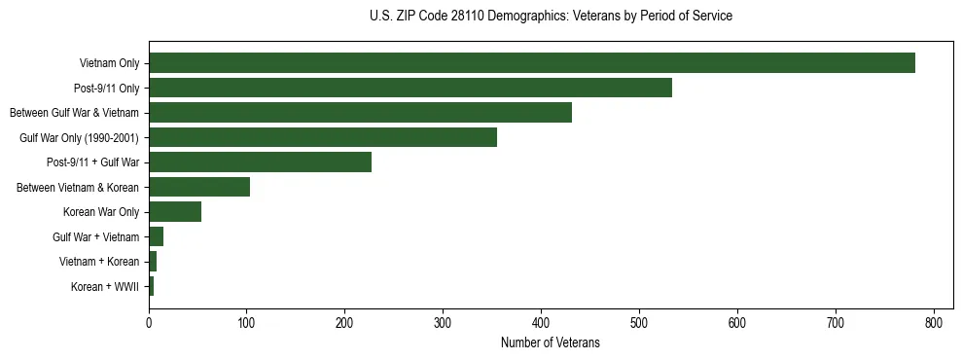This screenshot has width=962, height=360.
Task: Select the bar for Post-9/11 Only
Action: [x=410, y=88]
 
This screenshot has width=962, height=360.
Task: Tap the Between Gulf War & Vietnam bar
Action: [x=360, y=113]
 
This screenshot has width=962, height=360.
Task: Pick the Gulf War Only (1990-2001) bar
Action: [x=322, y=137]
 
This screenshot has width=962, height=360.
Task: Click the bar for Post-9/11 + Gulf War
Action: [x=260, y=162]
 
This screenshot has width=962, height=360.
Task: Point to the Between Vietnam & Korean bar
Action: [x=198, y=187]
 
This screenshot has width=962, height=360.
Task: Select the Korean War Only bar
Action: [x=175, y=212]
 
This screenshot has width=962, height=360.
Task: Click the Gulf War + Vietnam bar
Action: [x=156, y=236]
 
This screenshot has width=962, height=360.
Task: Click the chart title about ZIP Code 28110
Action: [x=551, y=17]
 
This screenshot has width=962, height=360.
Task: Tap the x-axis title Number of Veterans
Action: [x=551, y=343]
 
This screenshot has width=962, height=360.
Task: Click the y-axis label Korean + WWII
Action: [x=105, y=287]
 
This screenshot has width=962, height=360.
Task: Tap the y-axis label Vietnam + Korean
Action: [x=99, y=262]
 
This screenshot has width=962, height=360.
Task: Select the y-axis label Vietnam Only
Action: [x=109, y=64]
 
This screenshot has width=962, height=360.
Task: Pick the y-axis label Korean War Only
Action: [x=101, y=212]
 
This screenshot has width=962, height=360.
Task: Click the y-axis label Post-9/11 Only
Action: [x=107, y=89]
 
